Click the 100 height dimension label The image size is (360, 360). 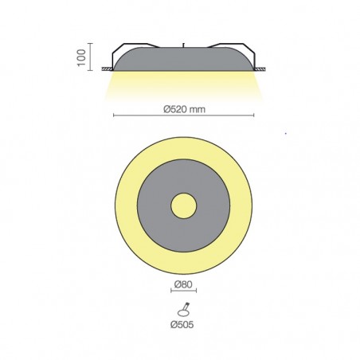click(x=81, y=57)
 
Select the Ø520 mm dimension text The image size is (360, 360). click(x=185, y=109)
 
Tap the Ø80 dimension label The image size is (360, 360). click(x=183, y=284)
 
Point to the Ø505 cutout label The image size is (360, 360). click(x=182, y=324)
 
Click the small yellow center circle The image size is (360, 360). click(x=183, y=205)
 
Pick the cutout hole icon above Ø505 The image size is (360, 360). click(x=183, y=310)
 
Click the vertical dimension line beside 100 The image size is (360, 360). click(x=91, y=57)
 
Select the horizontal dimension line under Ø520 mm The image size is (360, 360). click(x=183, y=115)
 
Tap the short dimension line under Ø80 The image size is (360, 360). click(x=183, y=291)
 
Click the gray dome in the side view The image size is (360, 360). click(x=183, y=59)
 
